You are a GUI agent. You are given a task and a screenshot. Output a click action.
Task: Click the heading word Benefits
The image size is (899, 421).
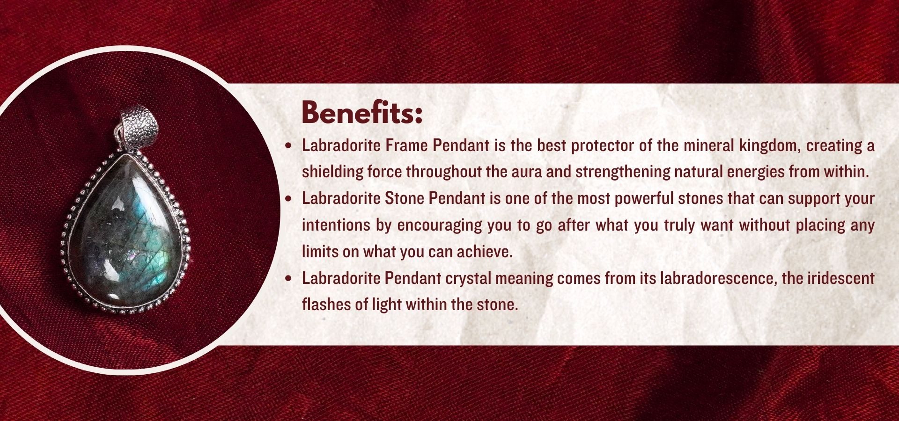point(362,112)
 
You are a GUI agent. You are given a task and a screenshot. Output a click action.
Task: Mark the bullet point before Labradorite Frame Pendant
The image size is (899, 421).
point(289,146)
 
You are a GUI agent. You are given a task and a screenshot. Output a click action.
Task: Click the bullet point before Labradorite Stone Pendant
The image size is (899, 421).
point(289,199)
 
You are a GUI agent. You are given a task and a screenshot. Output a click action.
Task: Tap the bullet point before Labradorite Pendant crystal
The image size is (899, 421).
point(289,279)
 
